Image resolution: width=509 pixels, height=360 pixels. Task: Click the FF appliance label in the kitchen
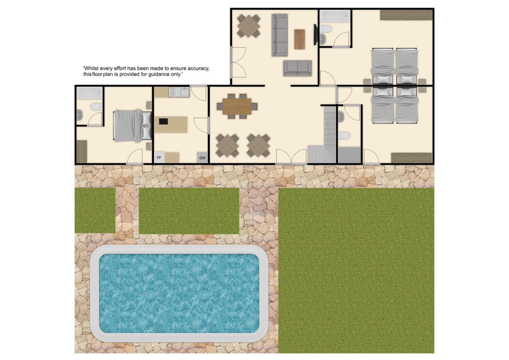pos(159,158)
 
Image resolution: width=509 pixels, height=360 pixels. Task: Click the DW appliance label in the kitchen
pos(202,158)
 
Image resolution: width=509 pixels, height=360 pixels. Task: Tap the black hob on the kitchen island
pos(163,121)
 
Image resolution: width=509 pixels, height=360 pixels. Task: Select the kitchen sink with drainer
pos(179,92)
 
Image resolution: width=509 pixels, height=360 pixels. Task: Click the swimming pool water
pos(179,293)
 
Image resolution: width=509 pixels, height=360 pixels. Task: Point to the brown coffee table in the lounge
pos(300,39)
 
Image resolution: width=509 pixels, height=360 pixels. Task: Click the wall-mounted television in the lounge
pos(315,34)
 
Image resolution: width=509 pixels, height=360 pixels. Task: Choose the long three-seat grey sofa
pos(279,35)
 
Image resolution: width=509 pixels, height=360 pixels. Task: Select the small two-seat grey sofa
pos(297,68)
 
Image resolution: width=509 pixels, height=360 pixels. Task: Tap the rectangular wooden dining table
pos(237,106)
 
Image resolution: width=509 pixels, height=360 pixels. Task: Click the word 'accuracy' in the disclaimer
pos(198,68)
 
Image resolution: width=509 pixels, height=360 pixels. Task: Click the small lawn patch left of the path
pos(95,210)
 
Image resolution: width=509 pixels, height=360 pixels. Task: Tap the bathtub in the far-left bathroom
pos(90,93)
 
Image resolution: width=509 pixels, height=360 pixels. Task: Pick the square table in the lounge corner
pos(248,26)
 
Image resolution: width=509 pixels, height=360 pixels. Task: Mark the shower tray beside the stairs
pos(349,155)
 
